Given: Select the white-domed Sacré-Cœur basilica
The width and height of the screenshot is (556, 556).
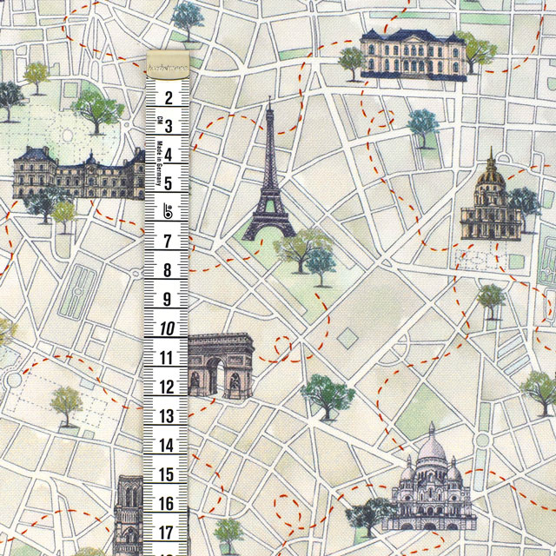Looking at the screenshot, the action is click(x=431, y=483).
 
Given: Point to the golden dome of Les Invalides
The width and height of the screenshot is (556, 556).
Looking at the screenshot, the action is click(x=491, y=173).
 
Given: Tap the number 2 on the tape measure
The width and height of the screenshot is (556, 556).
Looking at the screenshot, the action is click(x=168, y=96).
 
